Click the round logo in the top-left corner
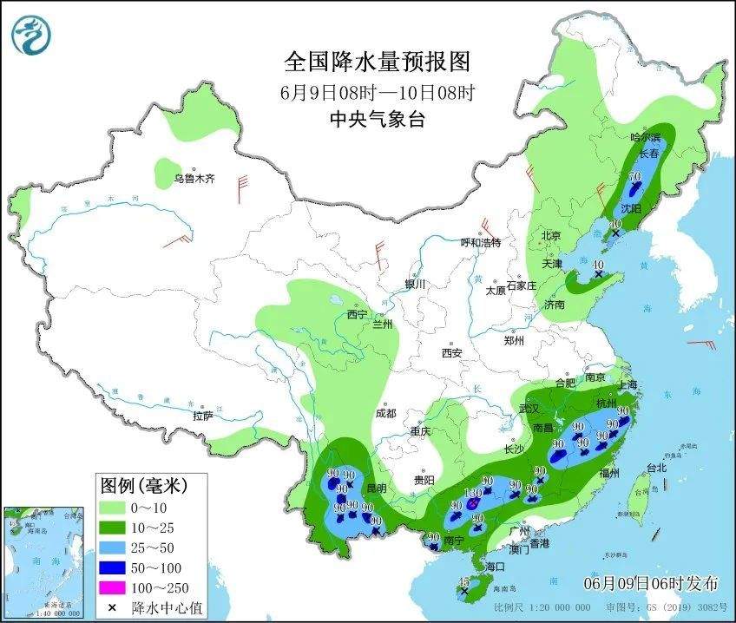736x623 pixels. [31, 35]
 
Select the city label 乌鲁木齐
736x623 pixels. [193, 179]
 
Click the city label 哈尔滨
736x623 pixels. [645, 137]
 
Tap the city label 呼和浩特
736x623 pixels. [480, 242]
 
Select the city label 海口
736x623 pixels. [495, 566]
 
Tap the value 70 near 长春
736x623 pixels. [634, 176]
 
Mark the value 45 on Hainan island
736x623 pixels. [463, 581]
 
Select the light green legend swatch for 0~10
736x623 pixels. [111, 507]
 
